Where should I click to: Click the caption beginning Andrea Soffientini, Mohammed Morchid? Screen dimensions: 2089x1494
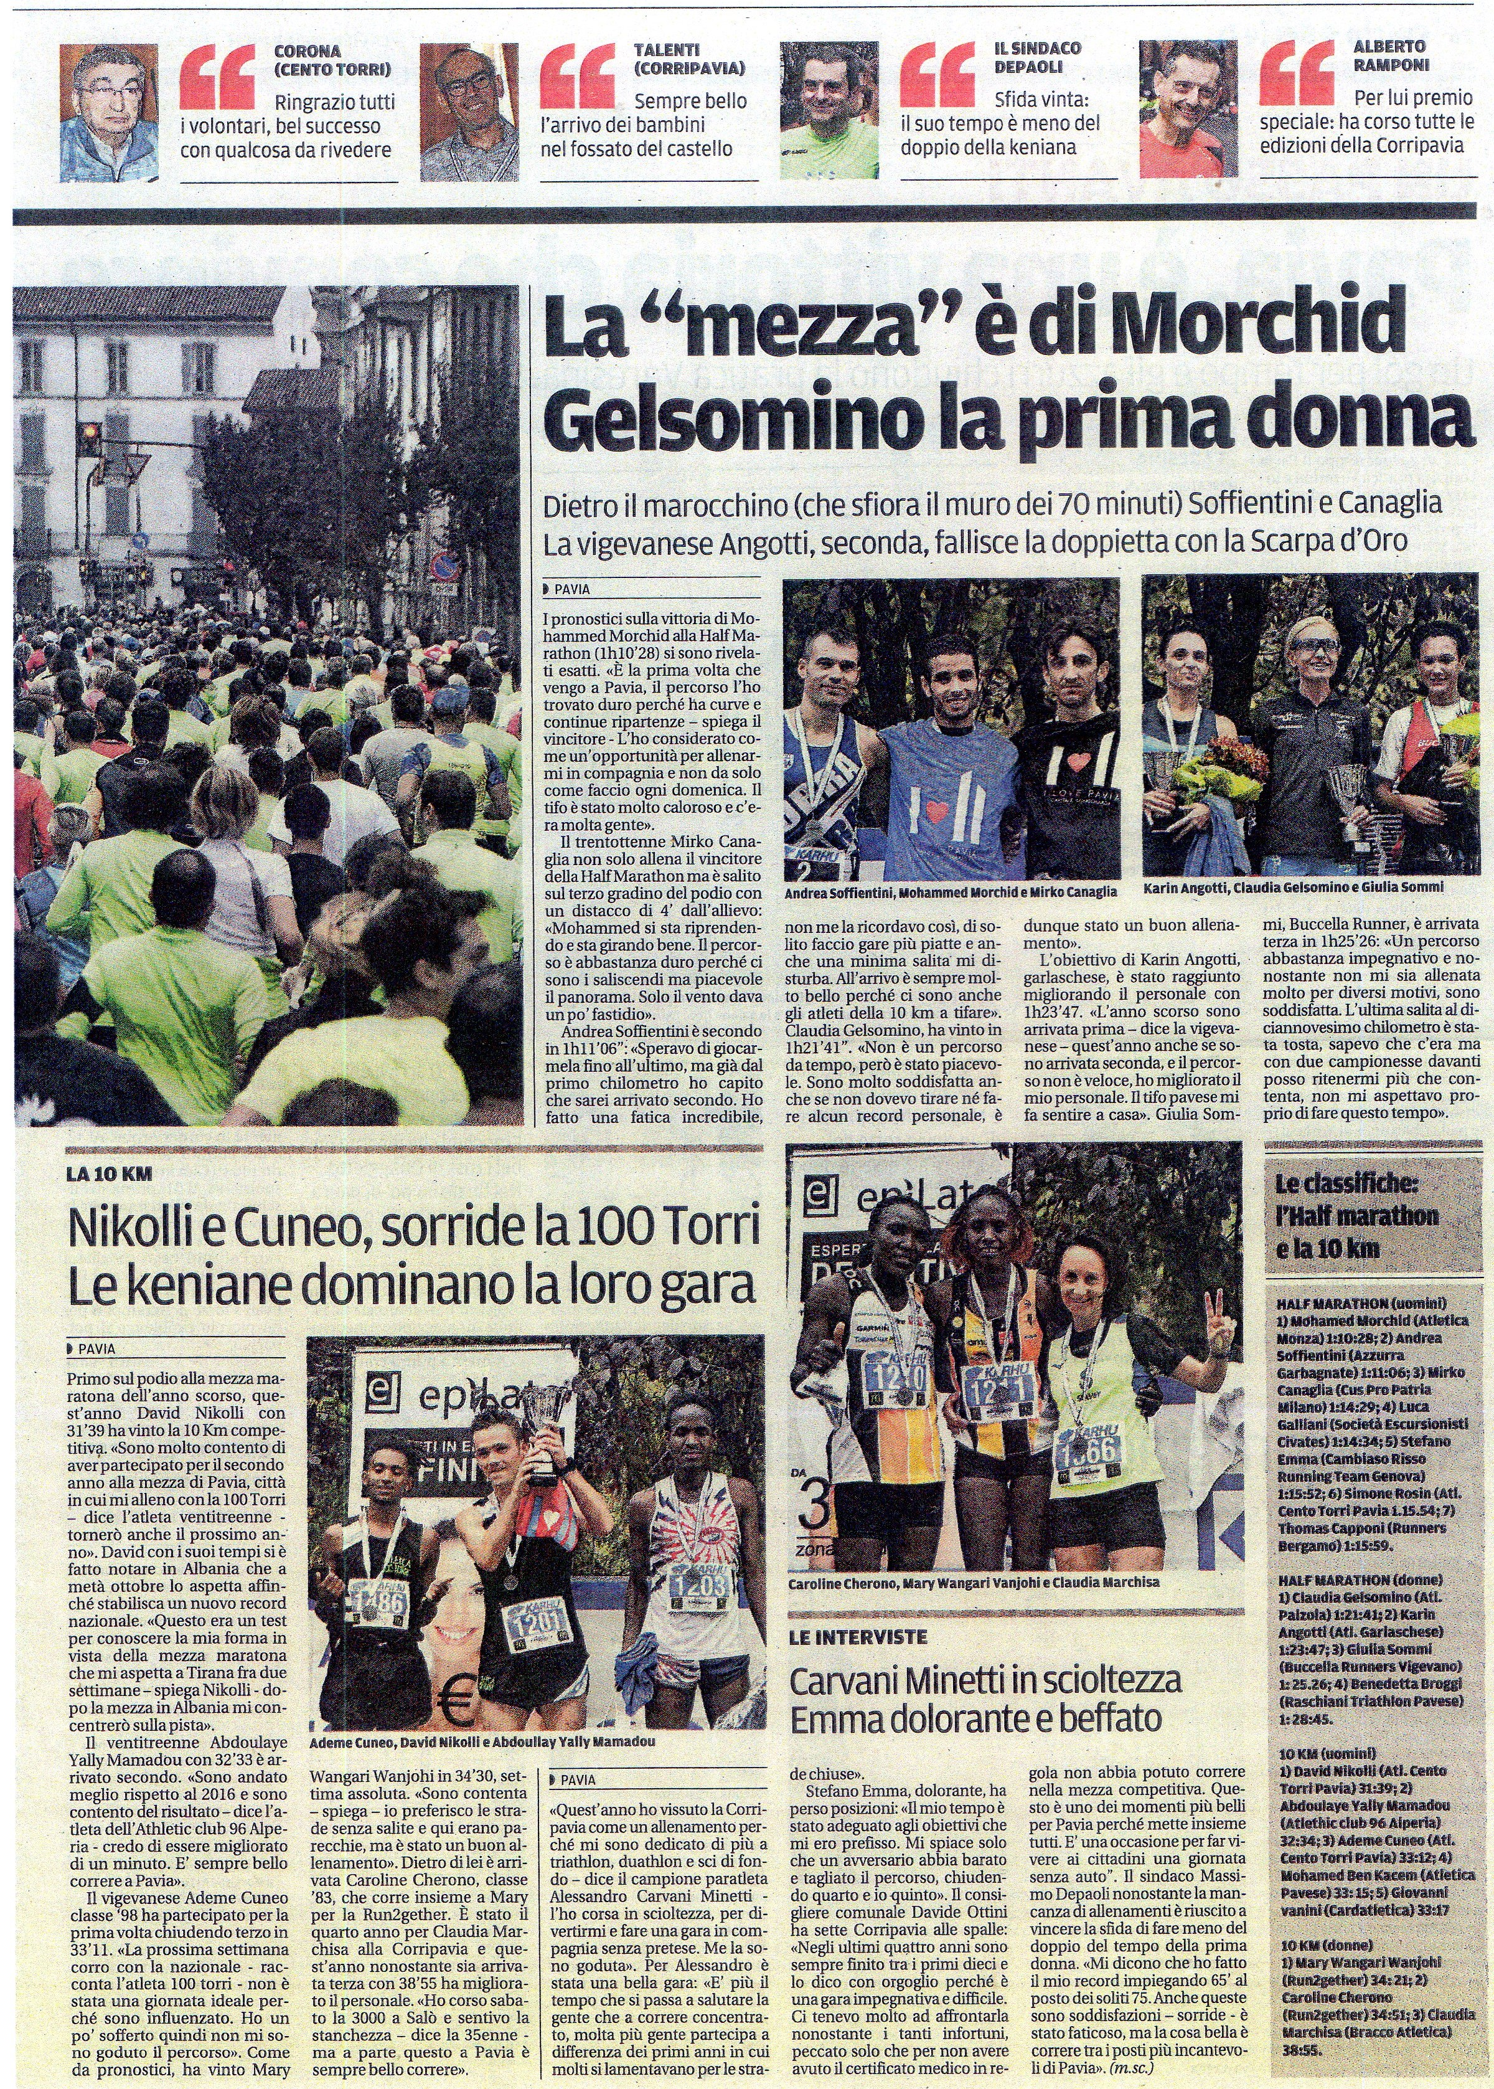pos(951,893)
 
